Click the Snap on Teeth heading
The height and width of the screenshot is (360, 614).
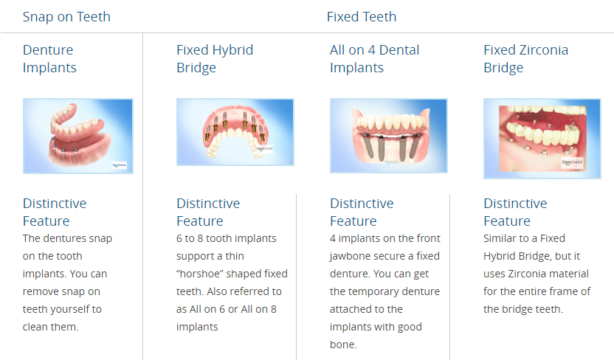66,17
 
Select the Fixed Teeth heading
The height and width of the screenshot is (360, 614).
362,17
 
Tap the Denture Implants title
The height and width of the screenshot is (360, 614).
49,59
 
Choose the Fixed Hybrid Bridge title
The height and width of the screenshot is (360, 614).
215,59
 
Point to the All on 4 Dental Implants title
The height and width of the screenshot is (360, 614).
374,59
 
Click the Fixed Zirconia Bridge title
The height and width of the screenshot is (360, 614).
525,59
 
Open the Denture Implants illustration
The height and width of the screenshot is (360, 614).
78,136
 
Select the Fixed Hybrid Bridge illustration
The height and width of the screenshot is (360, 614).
235,132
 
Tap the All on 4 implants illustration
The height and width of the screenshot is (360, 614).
388,136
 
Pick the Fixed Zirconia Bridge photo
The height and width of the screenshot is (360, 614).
542,139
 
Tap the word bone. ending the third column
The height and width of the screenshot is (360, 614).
343,345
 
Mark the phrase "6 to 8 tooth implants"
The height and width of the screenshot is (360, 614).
227,238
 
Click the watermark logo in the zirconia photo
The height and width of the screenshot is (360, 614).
572,162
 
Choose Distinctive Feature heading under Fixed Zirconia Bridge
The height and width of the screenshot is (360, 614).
515,212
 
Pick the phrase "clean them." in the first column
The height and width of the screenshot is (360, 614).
50,327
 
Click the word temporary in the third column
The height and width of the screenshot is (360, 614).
395,291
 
